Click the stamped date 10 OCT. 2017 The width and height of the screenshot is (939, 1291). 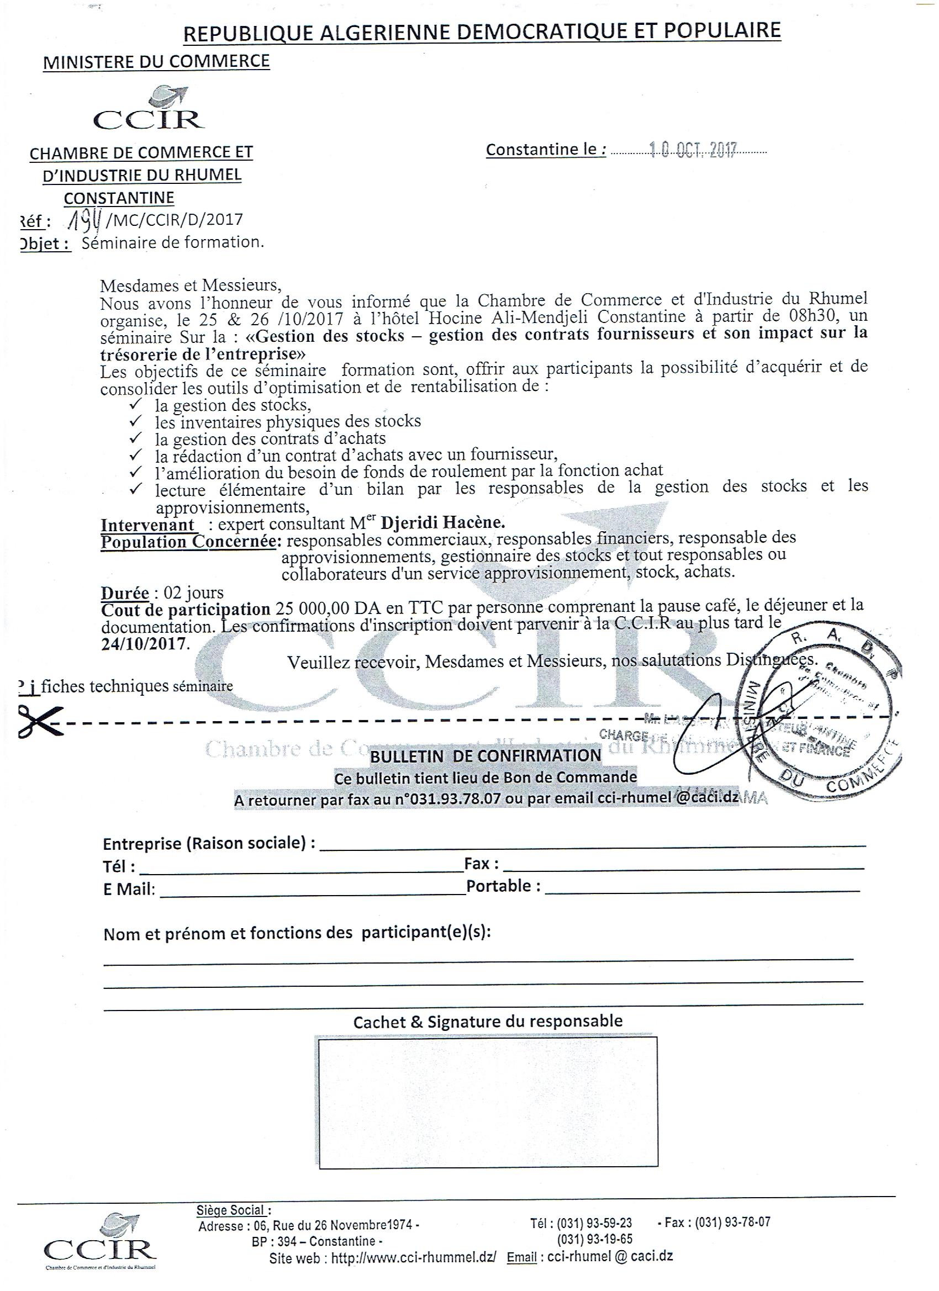pos(693,150)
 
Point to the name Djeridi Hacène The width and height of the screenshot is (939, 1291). pos(442,522)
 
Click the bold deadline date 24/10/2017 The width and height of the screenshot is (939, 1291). pos(144,643)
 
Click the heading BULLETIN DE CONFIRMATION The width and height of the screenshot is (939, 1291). pos(486,755)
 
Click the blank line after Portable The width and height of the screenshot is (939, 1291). pos(701,890)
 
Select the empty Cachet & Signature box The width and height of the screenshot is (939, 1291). pos(487,1102)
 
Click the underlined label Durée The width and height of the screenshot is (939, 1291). pos(125,592)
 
